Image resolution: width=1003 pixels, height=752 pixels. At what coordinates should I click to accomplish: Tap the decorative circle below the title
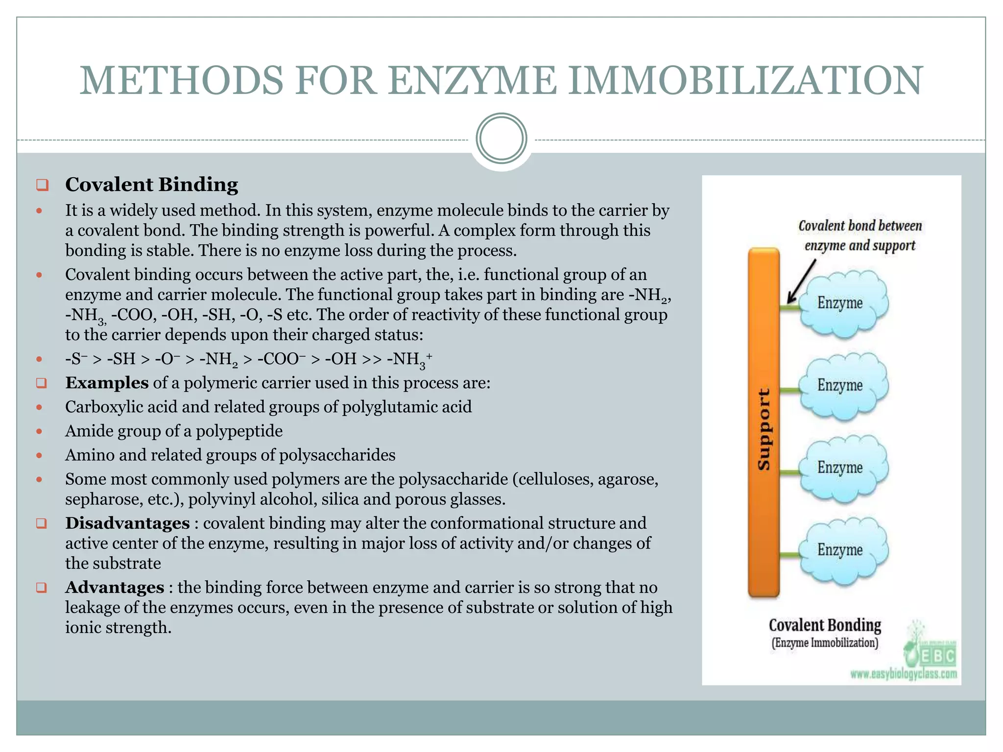(501, 139)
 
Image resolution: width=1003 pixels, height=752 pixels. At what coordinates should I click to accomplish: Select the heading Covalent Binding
(152, 185)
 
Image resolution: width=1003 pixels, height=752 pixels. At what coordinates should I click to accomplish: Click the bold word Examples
(107, 382)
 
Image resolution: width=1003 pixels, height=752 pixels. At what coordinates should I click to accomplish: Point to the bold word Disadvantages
(127, 523)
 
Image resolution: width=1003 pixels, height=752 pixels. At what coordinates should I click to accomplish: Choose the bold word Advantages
(115, 587)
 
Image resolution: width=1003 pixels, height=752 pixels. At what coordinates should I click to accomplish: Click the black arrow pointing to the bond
(801, 282)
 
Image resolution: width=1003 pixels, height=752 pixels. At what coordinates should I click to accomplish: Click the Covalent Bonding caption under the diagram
(825, 626)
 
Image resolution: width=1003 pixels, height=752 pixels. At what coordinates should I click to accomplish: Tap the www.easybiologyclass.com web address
(904, 674)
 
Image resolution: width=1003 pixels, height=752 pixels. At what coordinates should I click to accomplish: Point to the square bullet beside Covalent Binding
(42, 185)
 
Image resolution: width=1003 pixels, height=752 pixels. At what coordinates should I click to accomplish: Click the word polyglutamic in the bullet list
(389, 407)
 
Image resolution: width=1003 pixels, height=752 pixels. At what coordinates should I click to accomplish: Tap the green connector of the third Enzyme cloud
(788, 472)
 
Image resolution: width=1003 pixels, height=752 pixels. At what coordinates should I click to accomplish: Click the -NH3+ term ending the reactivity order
(409, 359)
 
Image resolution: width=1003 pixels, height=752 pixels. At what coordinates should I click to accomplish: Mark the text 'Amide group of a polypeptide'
(174, 431)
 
